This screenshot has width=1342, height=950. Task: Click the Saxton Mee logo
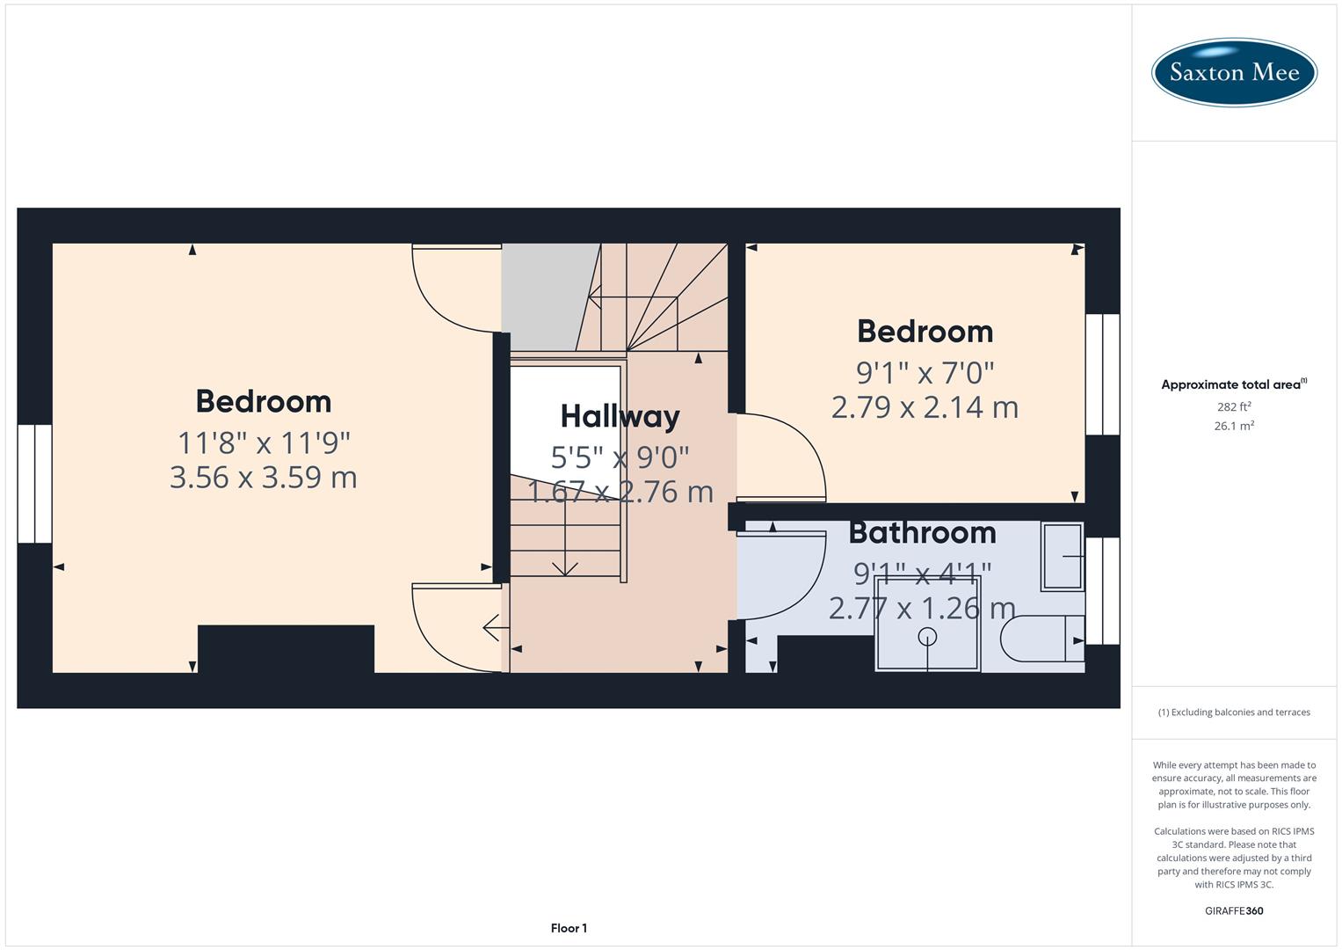[x=1233, y=72]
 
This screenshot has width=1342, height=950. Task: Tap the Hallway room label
[x=620, y=416]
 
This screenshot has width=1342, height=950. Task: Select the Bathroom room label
[x=922, y=533]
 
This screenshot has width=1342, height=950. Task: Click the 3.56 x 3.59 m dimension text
[x=263, y=478]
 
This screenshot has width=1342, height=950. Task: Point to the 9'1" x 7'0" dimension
[x=925, y=373]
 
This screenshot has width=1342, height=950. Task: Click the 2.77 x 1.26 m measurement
[x=922, y=608]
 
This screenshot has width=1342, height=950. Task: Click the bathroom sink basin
[x=1063, y=556]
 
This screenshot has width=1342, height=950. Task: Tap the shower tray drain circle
[x=927, y=636]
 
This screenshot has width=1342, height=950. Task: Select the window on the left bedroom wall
[x=34, y=484]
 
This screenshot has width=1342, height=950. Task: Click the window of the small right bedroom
[x=1102, y=374]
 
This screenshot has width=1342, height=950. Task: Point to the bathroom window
[x=1102, y=590]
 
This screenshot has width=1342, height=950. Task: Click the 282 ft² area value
[x=1233, y=407]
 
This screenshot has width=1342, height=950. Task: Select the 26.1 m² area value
[x=1233, y=426]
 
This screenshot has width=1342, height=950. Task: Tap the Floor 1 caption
[x=569, y=928]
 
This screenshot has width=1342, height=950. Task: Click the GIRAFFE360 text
[x=1233, y=910]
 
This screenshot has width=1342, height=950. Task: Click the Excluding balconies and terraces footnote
[x=1233, y=712]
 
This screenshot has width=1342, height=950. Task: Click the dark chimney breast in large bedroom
[x=286, y=649]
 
